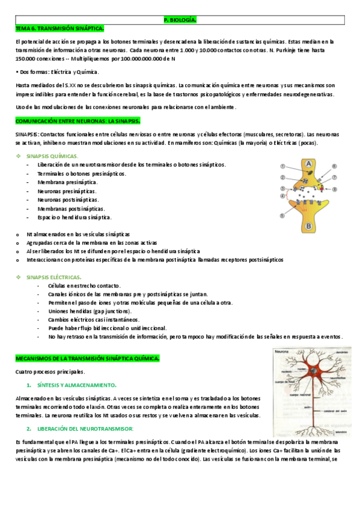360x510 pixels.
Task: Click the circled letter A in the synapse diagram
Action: click(307, 164)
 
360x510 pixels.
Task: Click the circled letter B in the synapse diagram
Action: click(308, 226)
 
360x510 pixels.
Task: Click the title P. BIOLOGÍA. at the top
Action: click(180, 20)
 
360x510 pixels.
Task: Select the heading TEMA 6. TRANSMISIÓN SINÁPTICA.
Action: click(59, 28)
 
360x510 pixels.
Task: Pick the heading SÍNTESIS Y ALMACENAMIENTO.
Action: click(76, 384)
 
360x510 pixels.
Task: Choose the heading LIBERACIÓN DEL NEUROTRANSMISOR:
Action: click(85, 429)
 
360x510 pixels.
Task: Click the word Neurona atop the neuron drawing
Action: click(282, 351)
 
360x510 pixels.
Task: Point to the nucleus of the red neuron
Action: click(310, 371)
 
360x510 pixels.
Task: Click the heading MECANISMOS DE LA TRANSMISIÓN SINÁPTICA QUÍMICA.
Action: click(87, 358)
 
